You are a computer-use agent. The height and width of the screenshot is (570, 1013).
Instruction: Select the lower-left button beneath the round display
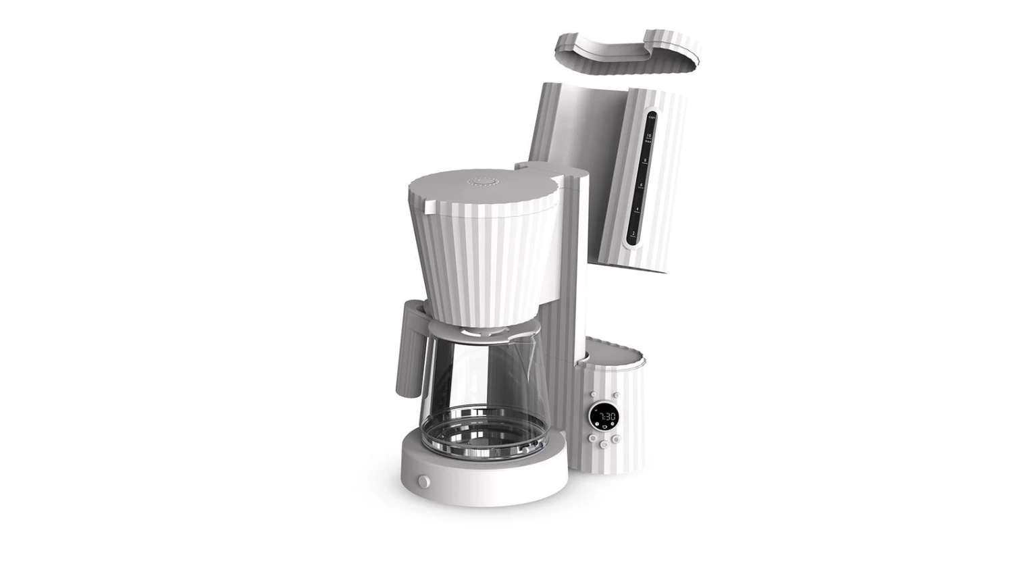pyautogui.click(x=592, y=438)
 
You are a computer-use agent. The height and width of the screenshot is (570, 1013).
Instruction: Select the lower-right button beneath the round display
pyautogui.click(x=615, y=439)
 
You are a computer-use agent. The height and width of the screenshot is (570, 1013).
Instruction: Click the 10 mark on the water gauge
pyautogui.click(x=648, y=137)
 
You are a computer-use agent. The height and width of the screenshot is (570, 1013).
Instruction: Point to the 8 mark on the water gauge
pyautogui.click(x=644, y=161)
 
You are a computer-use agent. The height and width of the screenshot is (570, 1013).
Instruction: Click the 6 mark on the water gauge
pyautogui.click(x=641, y=185)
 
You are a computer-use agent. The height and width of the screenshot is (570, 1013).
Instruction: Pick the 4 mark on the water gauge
pyautogui.click(x=638, y=210)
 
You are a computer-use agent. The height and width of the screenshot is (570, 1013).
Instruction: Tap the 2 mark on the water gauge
pyautogui.click(x=633, y=234)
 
